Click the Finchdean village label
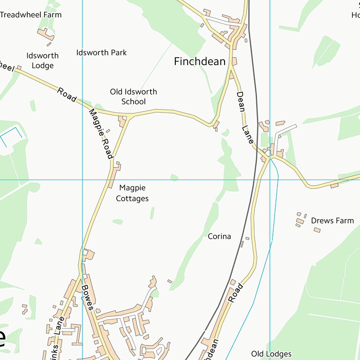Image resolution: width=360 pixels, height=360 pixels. pos(200,61)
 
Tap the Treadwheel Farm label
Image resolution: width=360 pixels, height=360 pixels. pos(30,15)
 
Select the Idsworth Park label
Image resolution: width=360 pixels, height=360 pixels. pos(101,52)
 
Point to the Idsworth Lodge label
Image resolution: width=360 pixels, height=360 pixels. pos(42,60)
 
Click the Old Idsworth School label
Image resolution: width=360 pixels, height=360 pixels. pos(134,97)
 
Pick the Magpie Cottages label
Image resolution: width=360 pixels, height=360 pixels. pos(133,193)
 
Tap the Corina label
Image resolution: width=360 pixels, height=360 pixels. pos(219,236)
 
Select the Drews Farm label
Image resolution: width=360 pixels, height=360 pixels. pos(332,220)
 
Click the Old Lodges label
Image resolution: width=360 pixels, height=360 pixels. pos(271,354)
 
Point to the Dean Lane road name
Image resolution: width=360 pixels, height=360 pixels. pos(244,117)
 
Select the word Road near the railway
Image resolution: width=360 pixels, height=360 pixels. pos(236,292)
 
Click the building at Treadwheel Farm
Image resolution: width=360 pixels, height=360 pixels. pos(45,34)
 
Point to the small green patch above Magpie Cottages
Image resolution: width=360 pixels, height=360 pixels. pos(174,177)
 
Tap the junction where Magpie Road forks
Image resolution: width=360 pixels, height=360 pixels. pos(129,115)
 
